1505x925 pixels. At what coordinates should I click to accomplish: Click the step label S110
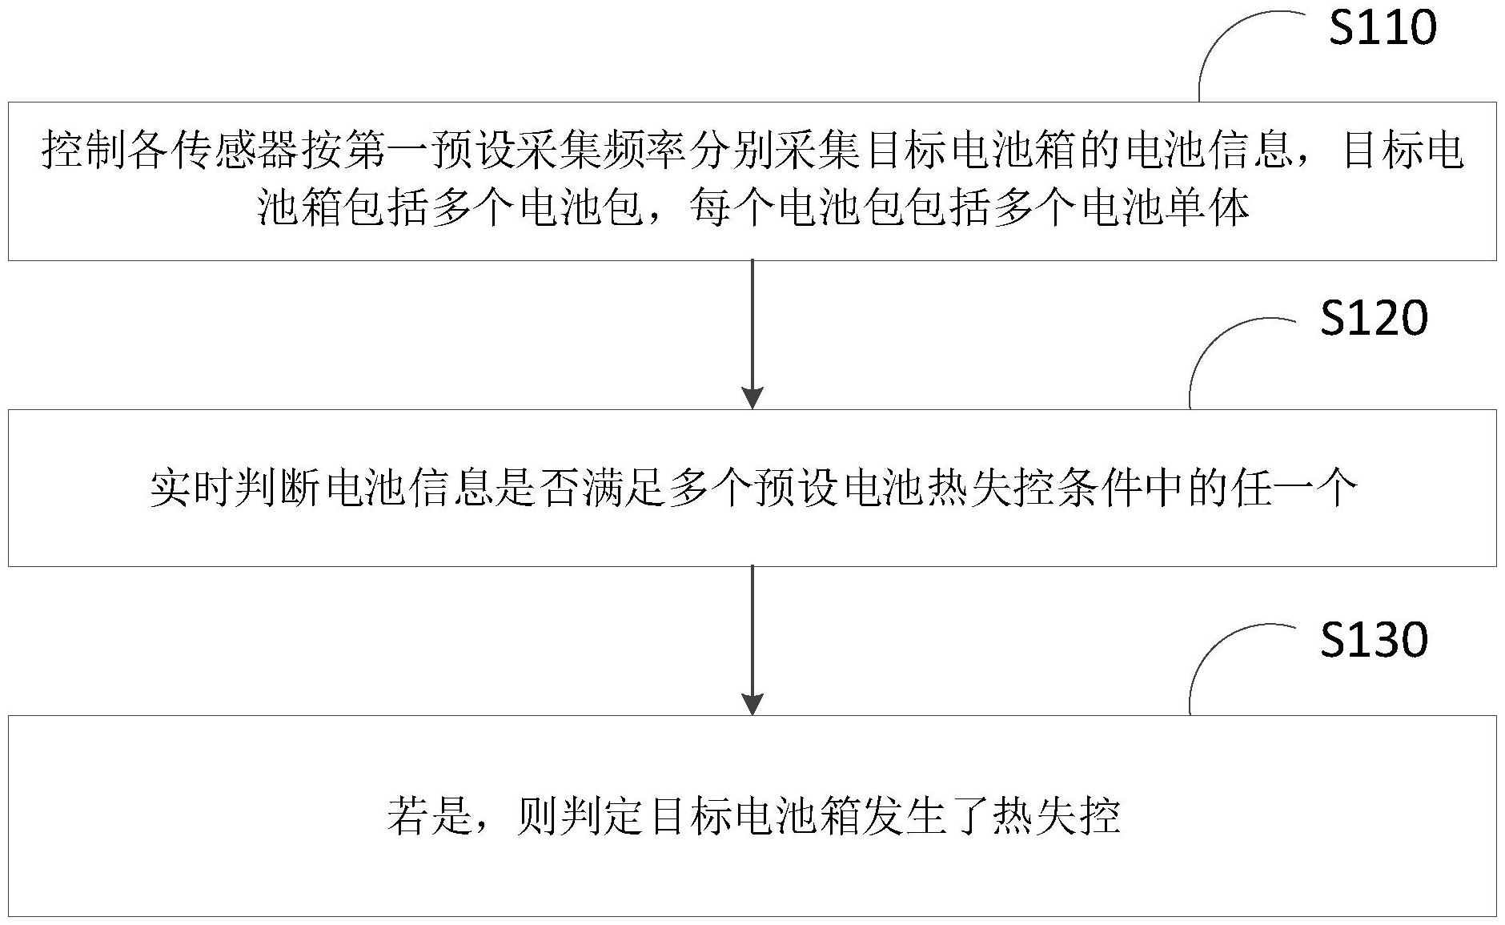[x=1383, y=28]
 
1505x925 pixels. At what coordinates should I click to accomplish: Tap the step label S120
[x=1374, y=317]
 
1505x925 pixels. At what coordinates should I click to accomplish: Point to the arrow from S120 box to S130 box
[x=752, y=641]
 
